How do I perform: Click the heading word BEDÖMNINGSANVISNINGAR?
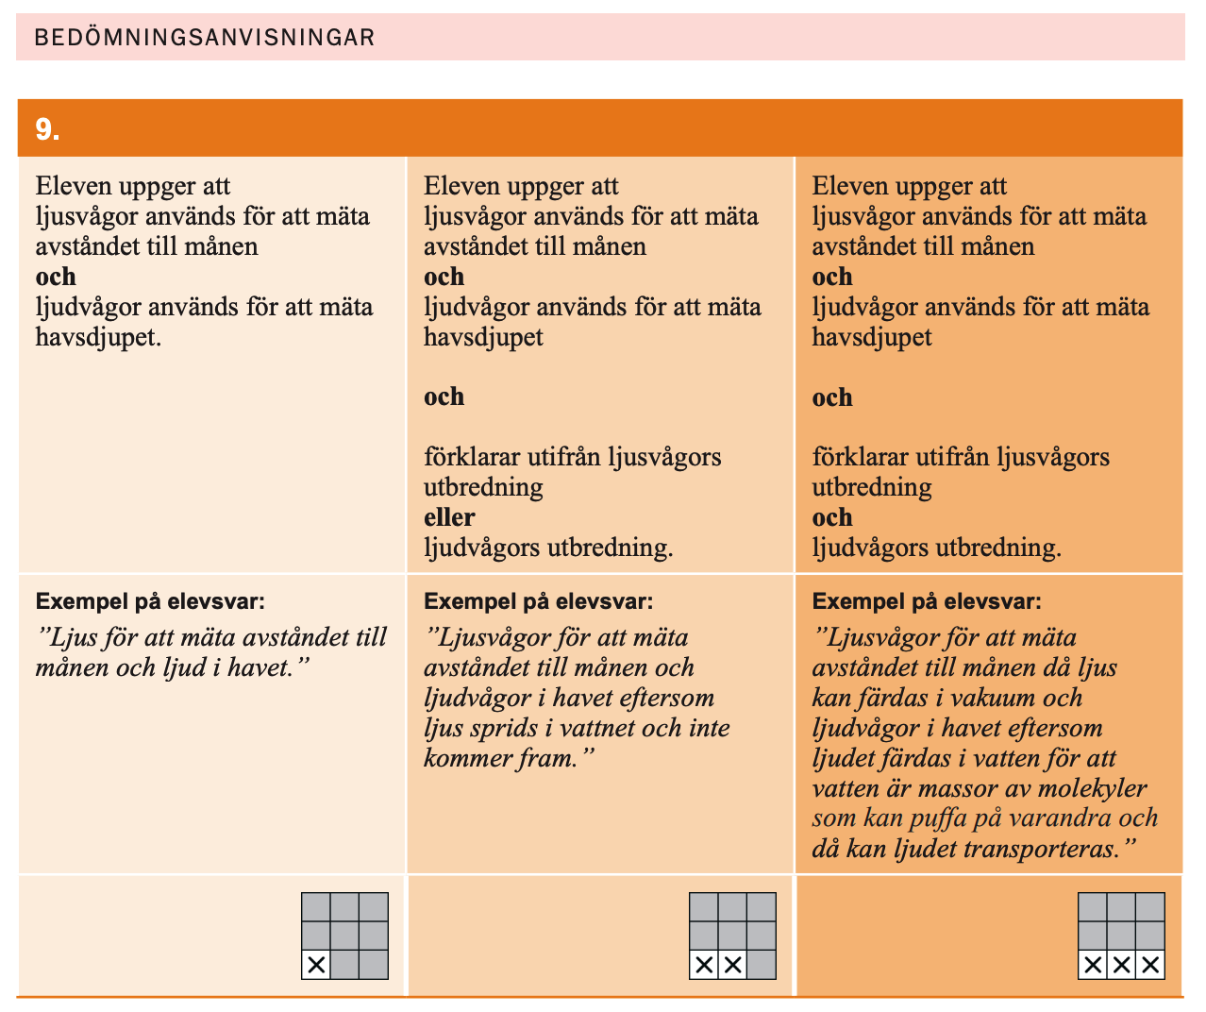[x=204, y=38]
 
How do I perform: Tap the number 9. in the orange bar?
[x=47, y=129]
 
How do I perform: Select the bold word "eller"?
[x=449, y=517]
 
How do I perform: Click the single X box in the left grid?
[x=316, y=965]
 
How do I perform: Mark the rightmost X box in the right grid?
[x=1150, y=965]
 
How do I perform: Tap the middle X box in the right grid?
[x=1121, y=965]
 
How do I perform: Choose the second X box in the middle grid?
[x=733, y=965]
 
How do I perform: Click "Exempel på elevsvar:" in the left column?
[x=150, y=601]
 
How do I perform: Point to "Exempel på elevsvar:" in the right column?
[x=927, y=601]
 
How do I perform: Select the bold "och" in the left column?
[x=56, y=277]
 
